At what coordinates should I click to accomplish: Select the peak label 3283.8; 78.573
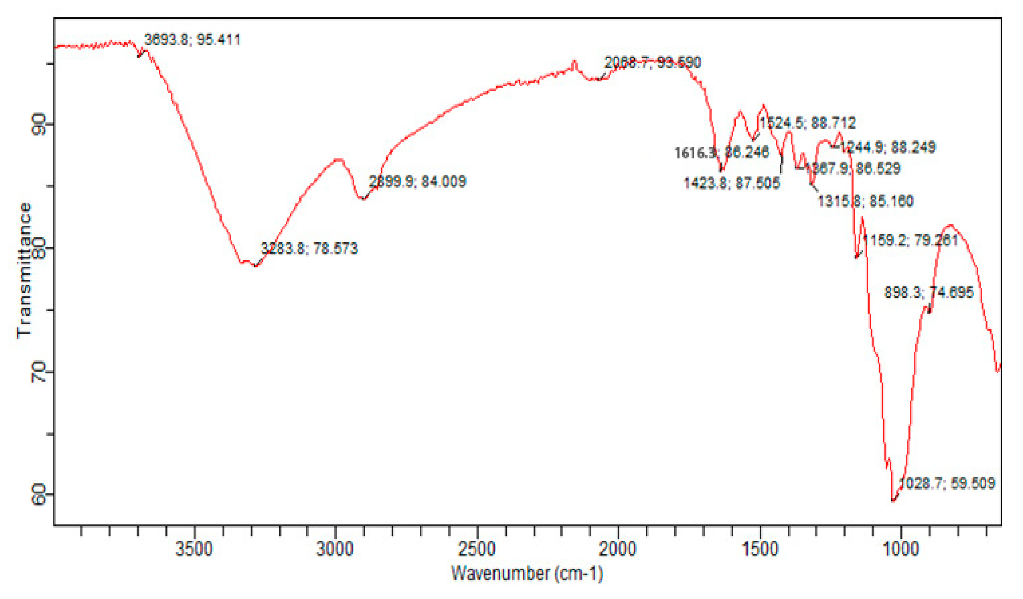point(309,248)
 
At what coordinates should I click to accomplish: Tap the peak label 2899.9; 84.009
point(417,181)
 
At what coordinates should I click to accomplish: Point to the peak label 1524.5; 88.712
point(808,122)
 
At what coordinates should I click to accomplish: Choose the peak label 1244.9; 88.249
point(887,147)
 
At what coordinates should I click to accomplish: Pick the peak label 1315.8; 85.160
point(865,201)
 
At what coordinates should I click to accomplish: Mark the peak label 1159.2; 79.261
point(910,240)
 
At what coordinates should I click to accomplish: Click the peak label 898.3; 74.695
point(929,293)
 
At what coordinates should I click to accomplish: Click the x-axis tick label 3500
point(194,549)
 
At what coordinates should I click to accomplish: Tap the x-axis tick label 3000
point(335,549)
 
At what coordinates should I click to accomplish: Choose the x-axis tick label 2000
point(618,549)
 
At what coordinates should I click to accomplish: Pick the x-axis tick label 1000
point(901,549)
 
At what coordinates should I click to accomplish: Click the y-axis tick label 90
point(39,124)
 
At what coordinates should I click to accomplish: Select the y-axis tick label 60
point(39,494)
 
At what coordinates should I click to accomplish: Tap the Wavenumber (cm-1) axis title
point(527,573)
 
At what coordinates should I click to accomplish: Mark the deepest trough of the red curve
point(893,501)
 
